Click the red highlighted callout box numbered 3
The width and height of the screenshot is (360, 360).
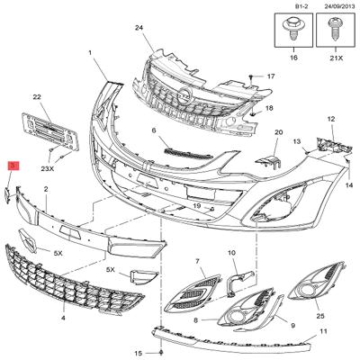[13, 166]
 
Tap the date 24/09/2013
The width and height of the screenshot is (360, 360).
[336, 5]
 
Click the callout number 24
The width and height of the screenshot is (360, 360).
[139, 28]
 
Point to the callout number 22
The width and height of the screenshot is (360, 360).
[37, 97]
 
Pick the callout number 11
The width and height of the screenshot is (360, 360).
[323, 331]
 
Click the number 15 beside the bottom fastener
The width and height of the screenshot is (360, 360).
[139, 353]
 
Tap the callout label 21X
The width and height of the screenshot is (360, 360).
[336, 58]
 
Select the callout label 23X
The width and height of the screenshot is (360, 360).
[48, 168]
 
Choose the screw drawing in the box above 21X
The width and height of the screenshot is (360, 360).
[334, 29]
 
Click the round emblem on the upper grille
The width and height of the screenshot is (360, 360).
[184, 94]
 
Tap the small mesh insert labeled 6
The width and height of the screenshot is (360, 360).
[187, 153]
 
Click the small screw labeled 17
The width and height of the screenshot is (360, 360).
[251, 77]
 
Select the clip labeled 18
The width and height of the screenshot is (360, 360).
[254, 113]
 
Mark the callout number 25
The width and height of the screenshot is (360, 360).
[320, 316]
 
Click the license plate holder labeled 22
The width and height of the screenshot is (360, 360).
[50, 131]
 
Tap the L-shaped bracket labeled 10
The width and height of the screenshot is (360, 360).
[240, 282]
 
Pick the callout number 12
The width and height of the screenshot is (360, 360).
[331, 119]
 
